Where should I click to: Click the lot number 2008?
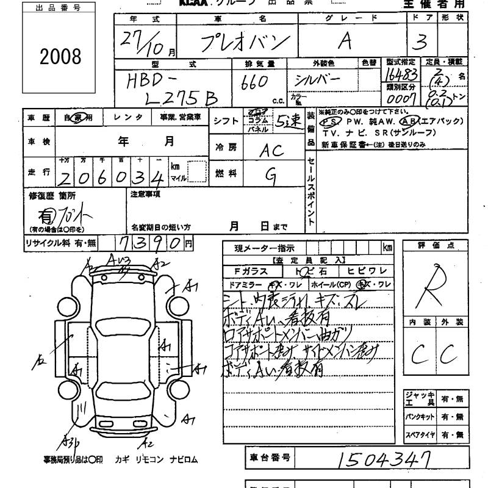(60, 56)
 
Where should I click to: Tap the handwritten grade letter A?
(345, 41)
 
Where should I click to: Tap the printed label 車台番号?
(270, 457)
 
